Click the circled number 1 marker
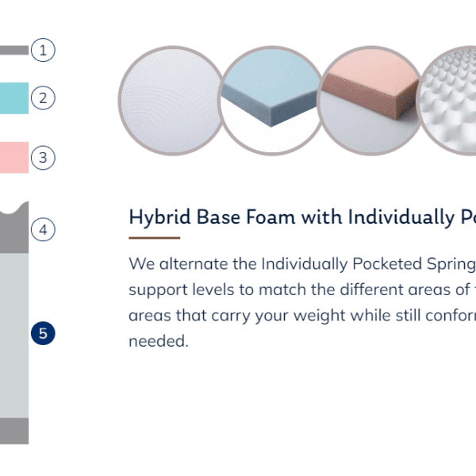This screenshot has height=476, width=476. (43, 50)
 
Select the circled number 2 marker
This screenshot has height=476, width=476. (43, 98)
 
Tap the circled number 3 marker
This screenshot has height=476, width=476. (43, 158)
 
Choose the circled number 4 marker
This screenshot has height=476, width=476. (43, 229)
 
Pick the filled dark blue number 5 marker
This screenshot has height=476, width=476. (43, 333)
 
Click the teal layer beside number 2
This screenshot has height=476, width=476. (14, 98)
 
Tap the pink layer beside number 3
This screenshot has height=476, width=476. (14, 158)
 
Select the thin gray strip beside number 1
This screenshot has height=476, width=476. (14, 50)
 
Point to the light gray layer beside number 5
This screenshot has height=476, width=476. (14, 336)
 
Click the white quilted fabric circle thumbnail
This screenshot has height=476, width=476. (172, 101)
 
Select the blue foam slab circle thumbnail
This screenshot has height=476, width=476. (271, 101)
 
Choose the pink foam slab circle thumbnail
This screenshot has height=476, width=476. (370, 101)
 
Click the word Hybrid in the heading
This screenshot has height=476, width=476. (160, 217)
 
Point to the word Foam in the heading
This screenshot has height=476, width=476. (271, 217)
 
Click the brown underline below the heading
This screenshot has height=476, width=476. (155, 238)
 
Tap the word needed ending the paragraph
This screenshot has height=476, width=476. (159, 341)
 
